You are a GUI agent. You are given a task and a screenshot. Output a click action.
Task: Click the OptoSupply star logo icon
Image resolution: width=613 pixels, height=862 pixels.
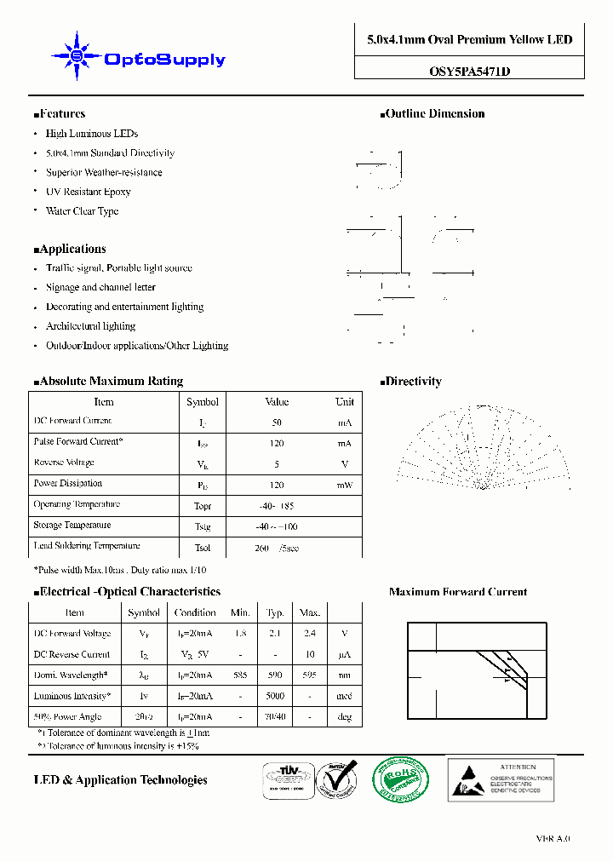pos(77,56)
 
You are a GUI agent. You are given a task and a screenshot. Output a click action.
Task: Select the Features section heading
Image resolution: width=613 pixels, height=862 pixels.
pos(60,114)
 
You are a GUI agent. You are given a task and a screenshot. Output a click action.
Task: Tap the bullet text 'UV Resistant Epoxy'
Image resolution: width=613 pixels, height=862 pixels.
pos(89,193)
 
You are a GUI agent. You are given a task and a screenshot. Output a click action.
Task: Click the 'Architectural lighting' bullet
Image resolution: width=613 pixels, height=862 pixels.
pos(90,327)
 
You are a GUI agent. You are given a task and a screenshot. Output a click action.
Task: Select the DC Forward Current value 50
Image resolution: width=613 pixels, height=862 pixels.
pos(277,422)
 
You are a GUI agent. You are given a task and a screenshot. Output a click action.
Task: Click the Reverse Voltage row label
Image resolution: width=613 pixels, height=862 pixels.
pos(64,463)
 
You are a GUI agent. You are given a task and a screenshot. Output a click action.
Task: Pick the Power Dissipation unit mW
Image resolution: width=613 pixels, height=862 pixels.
pos(345,485)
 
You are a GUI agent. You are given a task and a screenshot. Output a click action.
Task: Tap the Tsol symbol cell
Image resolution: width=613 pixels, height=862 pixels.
pos(202,548)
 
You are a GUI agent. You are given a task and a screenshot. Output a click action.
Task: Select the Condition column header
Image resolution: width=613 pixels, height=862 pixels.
pos(195,612)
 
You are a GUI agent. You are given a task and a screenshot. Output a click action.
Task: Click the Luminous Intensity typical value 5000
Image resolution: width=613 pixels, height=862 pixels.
pos(275,697)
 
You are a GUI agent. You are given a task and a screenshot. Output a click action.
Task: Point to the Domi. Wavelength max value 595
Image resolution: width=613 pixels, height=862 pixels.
pos(310,675)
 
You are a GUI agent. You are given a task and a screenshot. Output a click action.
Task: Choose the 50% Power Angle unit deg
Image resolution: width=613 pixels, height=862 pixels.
pos(345,717)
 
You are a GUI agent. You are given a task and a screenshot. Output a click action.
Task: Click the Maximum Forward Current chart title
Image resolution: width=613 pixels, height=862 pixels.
pos(458,592)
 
